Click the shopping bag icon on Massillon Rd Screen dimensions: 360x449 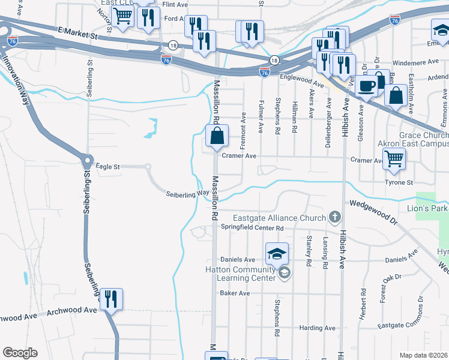coord(217,137)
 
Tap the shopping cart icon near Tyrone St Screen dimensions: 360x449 coord(394,159)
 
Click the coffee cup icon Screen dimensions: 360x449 coord(367,85)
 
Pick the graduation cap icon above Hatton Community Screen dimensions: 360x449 coord(277,254)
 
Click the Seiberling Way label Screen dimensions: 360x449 coord(183,193)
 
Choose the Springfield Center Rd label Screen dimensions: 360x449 coord(252,228)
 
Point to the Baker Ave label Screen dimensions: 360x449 coord(235,293)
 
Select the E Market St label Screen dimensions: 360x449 coord(78,33)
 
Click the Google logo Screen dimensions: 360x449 coord(20,353)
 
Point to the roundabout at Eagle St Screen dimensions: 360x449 coord(86,162)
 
